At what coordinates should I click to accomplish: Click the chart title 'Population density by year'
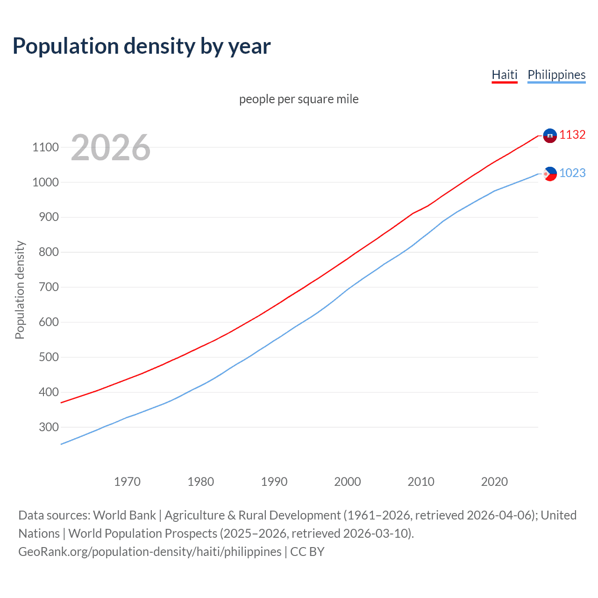142,46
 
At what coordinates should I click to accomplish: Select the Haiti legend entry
505,75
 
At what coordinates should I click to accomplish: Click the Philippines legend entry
556,75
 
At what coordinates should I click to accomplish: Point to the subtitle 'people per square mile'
299,99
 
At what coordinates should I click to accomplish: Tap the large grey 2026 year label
111,148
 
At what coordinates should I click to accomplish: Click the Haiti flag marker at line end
550,135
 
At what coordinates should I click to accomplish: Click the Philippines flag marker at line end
550,174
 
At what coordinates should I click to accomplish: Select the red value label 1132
572,135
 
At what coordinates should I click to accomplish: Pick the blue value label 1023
572,173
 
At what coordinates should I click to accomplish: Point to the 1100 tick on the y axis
45,148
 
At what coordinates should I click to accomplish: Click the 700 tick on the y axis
49,287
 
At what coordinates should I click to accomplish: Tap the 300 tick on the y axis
49,427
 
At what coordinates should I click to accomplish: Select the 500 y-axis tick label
49,357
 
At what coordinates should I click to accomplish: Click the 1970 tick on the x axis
127,482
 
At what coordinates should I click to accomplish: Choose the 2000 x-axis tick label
348,482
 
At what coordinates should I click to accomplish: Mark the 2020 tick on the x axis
494,482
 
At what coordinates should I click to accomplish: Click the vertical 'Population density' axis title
20,290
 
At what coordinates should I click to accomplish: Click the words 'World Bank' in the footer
124,515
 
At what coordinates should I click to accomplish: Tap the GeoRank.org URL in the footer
150,552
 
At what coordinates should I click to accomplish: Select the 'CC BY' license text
307,552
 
